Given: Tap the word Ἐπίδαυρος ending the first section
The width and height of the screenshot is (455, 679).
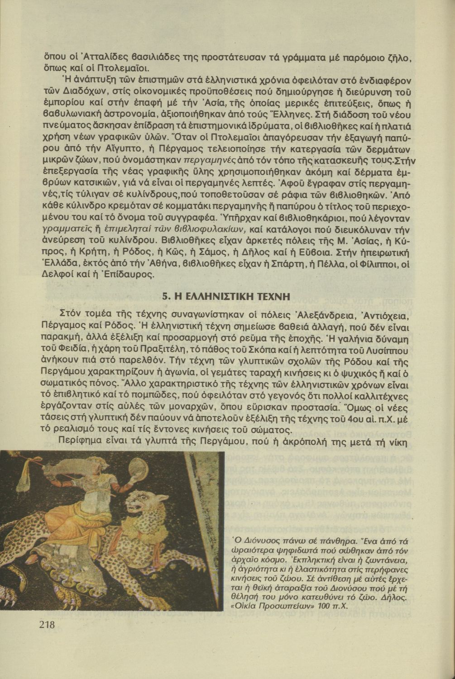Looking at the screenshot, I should pos(136,274).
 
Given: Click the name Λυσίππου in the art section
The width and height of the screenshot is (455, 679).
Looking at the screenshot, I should pos(388,350).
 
